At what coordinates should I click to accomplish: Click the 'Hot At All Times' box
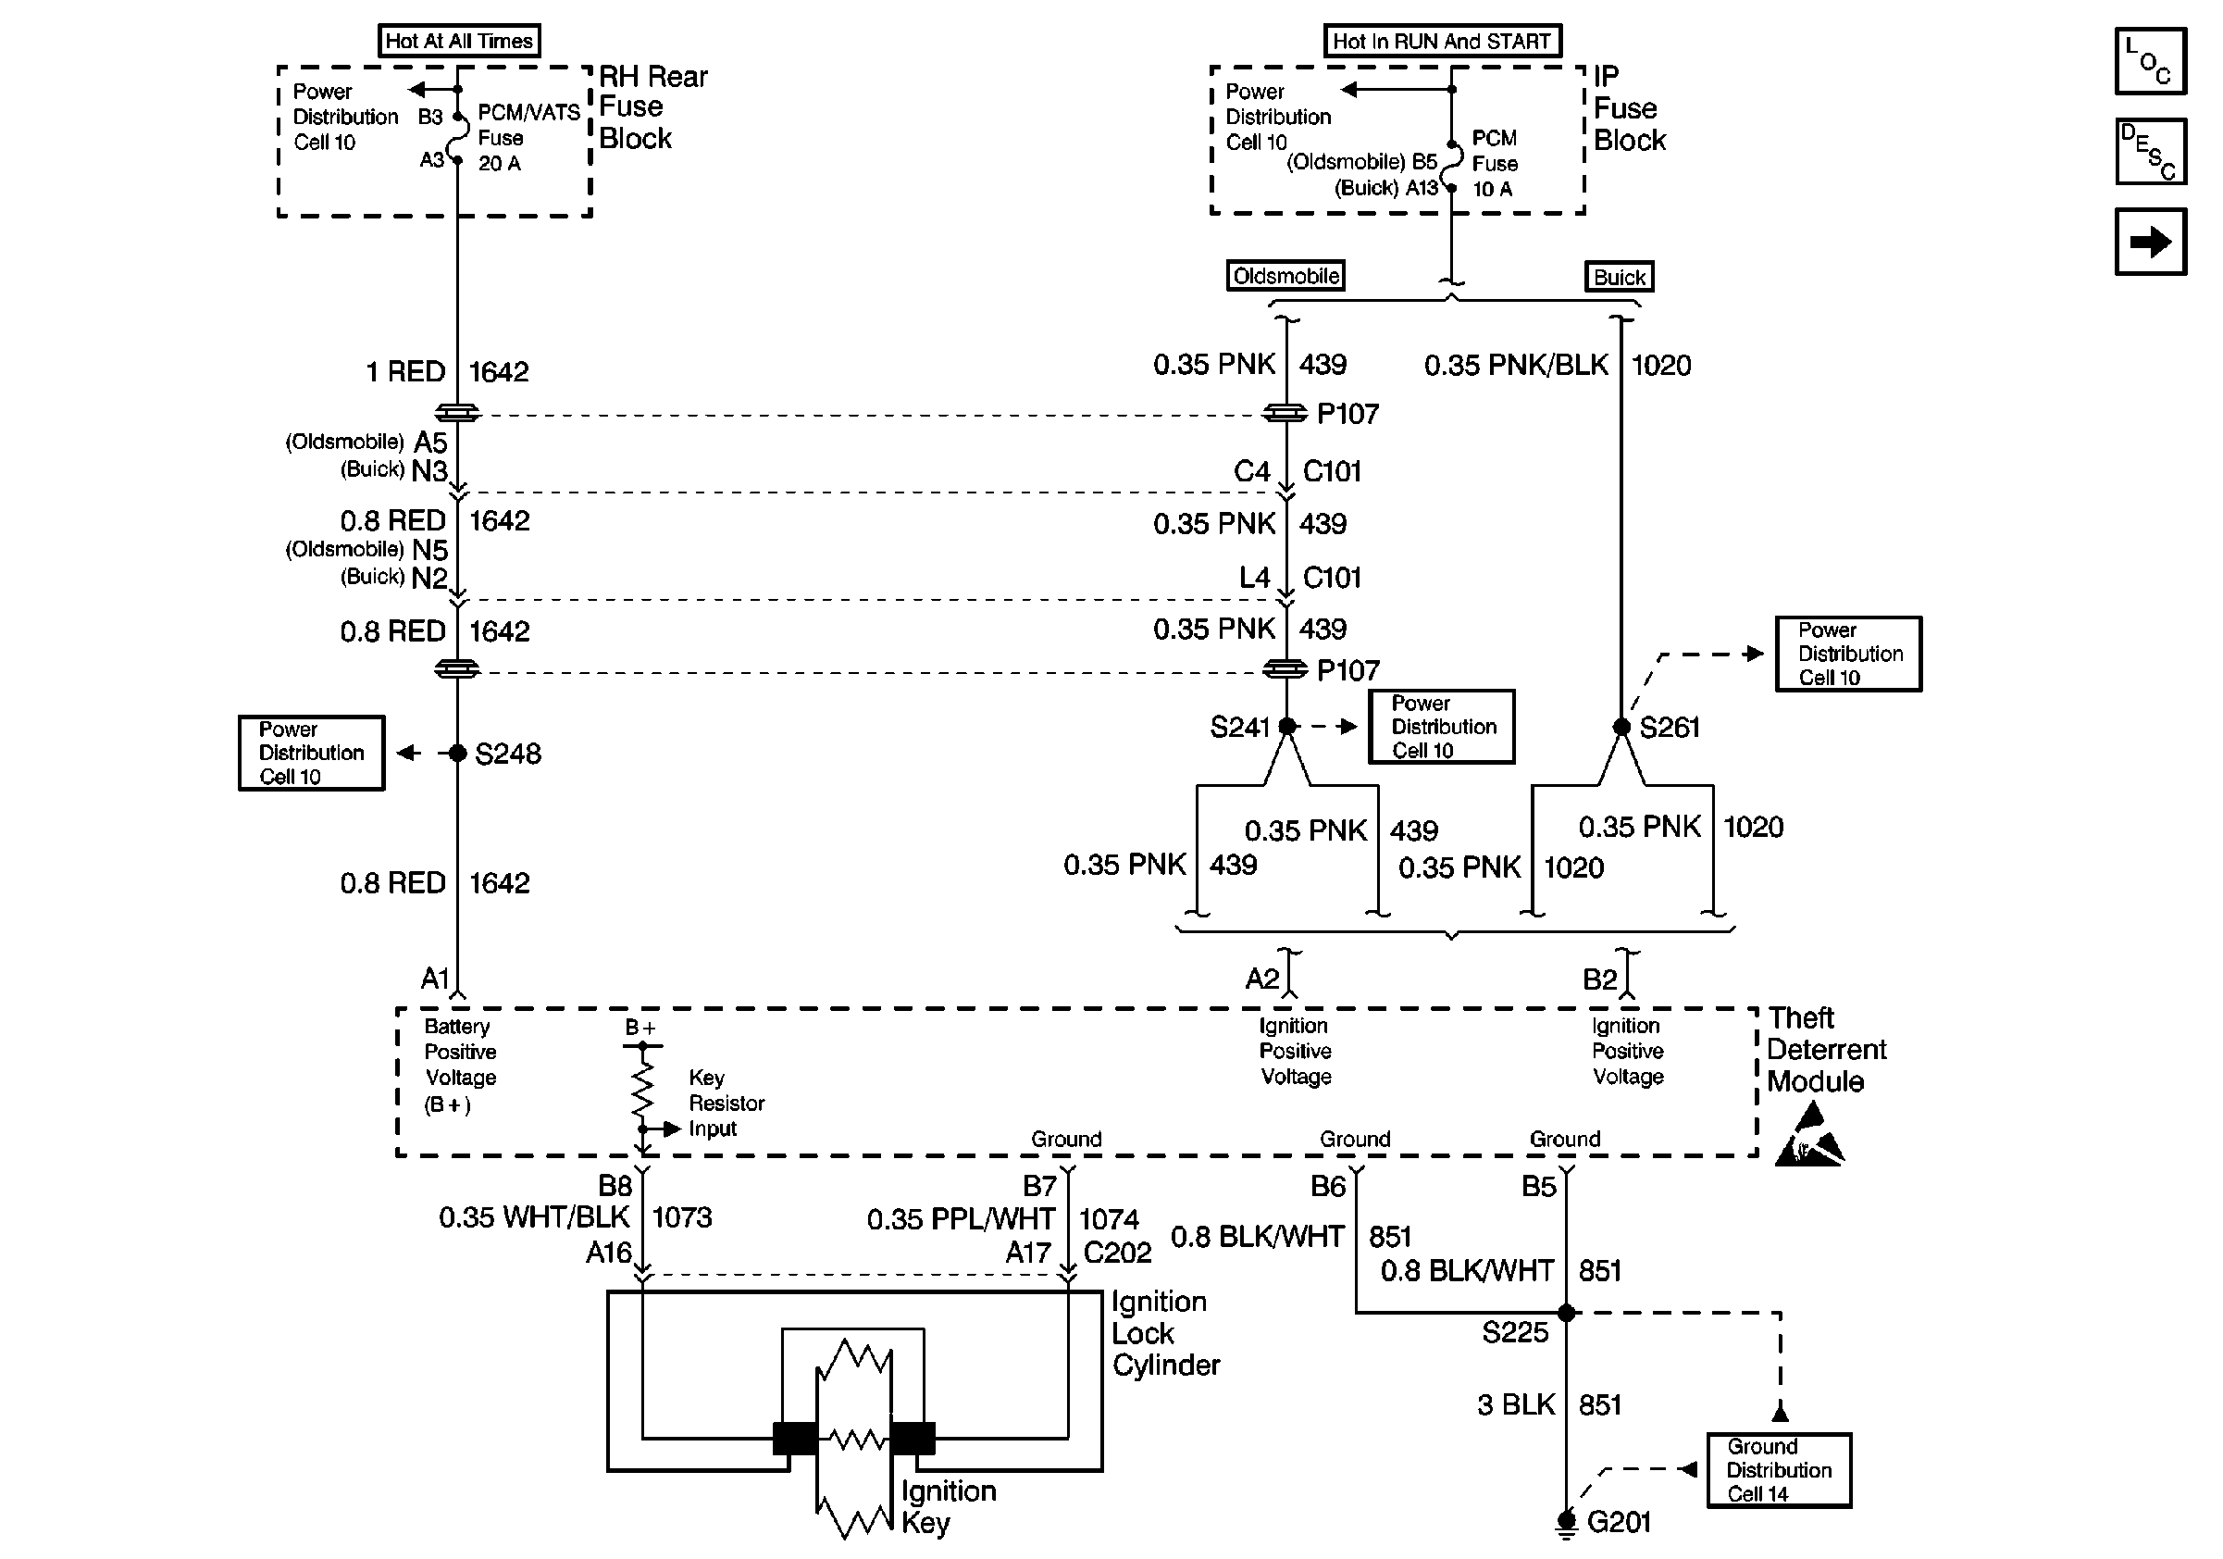[x=458, y=41]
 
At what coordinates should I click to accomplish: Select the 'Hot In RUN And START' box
[x=1442, y=41]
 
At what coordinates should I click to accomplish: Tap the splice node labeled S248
[x=458, y=754]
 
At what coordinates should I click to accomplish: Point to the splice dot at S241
[x=1286, y=726]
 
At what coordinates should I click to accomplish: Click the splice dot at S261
[x=1621, y=726]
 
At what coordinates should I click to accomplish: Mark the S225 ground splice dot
[x=1567, y=1313]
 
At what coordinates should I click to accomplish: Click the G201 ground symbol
[x=1566, y=1523]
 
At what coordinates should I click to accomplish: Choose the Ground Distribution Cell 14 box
[x=1779, y=1470]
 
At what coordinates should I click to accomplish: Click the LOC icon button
[x=2151, y=61]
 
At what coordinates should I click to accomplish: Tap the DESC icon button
[x=2151, y=151]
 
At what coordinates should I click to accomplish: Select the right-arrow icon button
[x=2151, y=241]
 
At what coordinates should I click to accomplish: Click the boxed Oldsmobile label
[x=1285, y=276]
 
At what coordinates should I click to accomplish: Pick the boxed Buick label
[x=1619, y=277]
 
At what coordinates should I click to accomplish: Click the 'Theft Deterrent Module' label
[x=1825, y=1050]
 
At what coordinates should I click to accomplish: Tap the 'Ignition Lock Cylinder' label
[x=1165, y=1333]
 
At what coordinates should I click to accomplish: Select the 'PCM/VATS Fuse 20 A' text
[x=528, y=138]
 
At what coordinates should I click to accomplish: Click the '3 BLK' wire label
[x=1515, y=1405]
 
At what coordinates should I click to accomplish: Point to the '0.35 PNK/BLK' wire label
[x=1515, y=365]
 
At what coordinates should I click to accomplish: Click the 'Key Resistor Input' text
[x=727, y=1103]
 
